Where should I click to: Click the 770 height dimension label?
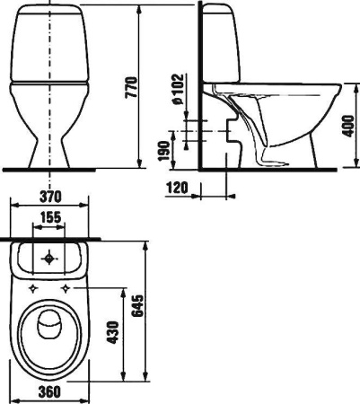[x=132, y=87]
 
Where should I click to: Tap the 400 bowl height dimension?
[x=348, y=126]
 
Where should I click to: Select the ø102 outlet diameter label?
[x=178, y=89]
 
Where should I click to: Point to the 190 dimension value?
[x=164, y=151]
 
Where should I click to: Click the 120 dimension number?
[x=178, y=188]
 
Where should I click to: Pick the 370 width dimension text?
[x=50, y=197]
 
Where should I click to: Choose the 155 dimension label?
[x=50, y=217]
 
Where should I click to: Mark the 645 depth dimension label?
[x=137, y=305]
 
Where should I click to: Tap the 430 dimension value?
[x=113, y=332]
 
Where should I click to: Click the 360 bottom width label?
[x=49, y=391]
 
